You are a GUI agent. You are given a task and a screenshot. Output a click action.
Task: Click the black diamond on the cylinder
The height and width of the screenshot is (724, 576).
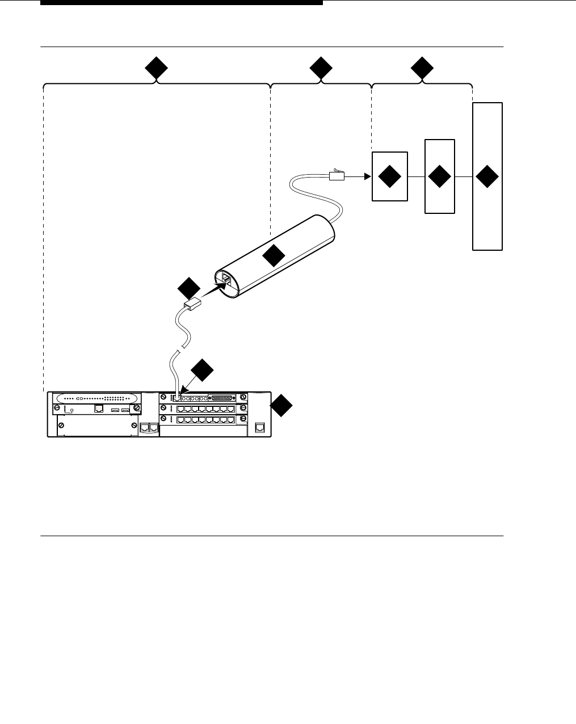pyautogui.click(x=274, y=256)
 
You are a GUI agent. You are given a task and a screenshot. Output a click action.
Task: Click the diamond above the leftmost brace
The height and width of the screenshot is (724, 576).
pyautogui.click(x=155, y=70)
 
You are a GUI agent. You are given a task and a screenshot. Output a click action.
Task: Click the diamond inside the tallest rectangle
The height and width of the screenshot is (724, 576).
pyautogui.click(x=487, y=176)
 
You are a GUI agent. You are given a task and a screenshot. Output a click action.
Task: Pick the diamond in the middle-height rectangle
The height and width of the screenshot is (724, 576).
pyautogui.click(x=440, y=176)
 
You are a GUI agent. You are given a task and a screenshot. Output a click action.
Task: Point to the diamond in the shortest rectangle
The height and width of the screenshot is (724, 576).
pyautogui.click(x=390, y=176)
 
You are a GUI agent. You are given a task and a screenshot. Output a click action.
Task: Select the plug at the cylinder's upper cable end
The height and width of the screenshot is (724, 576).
pyautogui.click(x=337, y=175)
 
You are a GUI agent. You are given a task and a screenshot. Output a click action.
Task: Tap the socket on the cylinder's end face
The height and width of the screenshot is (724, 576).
pyautogui.click(x=224, y=279)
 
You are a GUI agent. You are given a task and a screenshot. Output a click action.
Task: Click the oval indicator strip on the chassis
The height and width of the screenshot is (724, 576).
pyautogui.click(x=95, y=398)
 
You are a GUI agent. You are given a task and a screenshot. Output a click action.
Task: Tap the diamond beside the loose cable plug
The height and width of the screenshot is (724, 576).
pyautogui.click(x=188, y=289)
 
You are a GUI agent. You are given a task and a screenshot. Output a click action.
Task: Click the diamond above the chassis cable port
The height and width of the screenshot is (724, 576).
pyautogui.click(x=202, y=371)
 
